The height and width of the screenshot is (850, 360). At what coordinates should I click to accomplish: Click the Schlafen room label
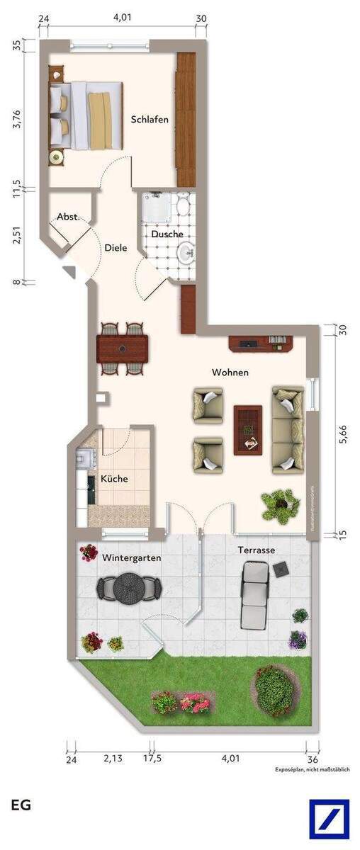(x=150, y=120)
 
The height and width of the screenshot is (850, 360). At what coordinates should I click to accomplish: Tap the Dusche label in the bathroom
(x=167, y=234)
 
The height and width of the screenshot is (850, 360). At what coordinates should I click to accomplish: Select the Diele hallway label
(x=116, y=248)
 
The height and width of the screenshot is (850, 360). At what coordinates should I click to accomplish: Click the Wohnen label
(x=230, y=373)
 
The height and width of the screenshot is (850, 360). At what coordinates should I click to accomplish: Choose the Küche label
(x=114, y=479)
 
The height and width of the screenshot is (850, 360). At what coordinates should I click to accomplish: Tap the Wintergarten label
(x=131, y=558)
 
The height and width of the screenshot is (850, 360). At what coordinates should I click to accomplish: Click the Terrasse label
(x=257, y=550)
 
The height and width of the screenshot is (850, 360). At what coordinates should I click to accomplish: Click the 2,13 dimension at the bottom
(x=112, y=759)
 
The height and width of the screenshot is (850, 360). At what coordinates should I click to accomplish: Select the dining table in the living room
(x=123, y=348)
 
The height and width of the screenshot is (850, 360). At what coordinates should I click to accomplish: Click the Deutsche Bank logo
(x=329, y=819)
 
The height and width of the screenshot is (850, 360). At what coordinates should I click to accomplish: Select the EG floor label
(x=21, y=805)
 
